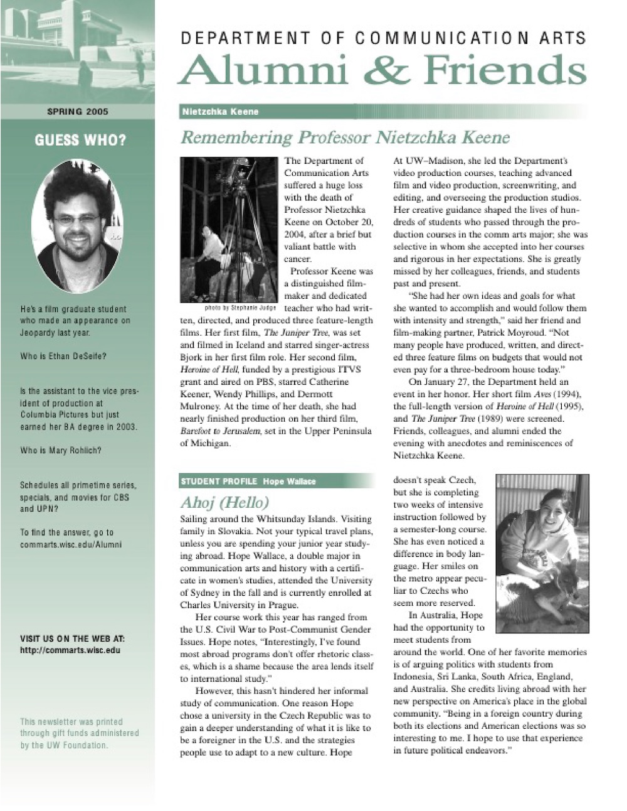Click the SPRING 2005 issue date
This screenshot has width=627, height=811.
pyautogui.click(x=78, y=112)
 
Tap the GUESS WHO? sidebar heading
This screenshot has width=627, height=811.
pyautogui.click(x=80, y=139)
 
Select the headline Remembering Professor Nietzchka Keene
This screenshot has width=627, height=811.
pyautogui.click(x=344, y=137)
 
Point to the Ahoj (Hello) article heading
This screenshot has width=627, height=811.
pyautogui.click(x=224, y=502)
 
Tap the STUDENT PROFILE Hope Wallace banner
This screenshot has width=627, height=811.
pyautogui.click(x=248, y=481)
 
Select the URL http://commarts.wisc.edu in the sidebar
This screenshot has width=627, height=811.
pyautogui.click(x=70, y=650)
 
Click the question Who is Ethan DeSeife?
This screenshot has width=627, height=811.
pyautogui.click(x=63, y=356)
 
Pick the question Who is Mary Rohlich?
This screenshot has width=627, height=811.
pyautogui.click(x=61, y=450)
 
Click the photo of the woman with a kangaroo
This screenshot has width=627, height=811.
pyautogui.click(x=542, y=552)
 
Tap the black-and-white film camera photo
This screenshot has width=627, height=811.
pyautogui.click(x=228, y=229)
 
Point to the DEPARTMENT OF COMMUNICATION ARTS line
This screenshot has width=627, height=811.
pyautogui.click(x=383, y=38)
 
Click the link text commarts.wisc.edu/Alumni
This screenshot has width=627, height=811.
pyautogui.click(x=71, y=544)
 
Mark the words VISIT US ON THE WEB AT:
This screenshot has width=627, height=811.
pyautogui.click(x=73, y=638)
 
